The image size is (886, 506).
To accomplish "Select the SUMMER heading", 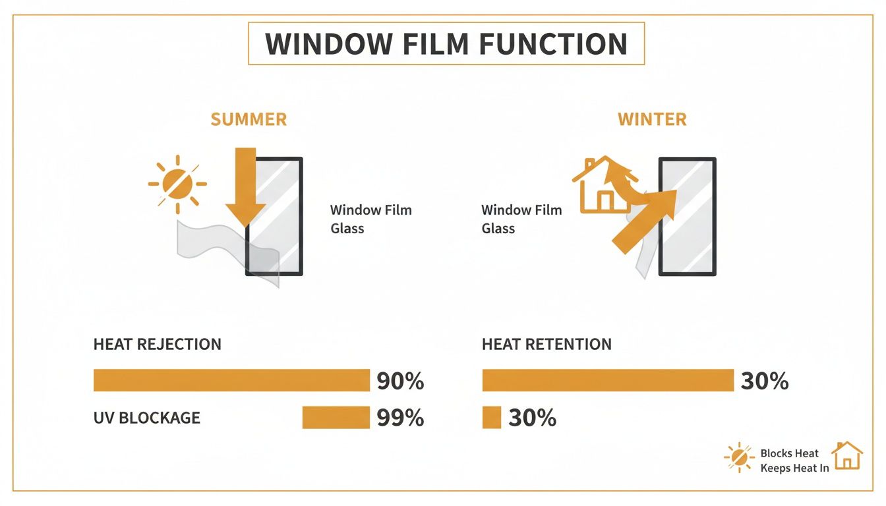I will tap(249, 119).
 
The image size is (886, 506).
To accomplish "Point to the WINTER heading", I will tap(652, 119).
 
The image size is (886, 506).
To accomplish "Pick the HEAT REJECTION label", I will tap(157, 344).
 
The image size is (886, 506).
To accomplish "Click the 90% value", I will tap(400, 381).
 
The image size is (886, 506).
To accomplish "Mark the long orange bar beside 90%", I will tap(231, 380).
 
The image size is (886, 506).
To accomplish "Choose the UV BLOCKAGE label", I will tap(146, 418).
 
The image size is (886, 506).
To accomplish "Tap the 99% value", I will tap(400, 418).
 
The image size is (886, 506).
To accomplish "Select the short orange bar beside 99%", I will tap(336, 417).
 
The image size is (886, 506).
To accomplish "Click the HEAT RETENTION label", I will tap(546, 344).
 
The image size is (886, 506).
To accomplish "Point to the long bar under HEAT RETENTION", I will tap(608, 380).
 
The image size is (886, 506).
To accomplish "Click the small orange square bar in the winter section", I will tap(492, 417).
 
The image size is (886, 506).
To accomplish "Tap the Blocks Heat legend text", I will tap(789, 453).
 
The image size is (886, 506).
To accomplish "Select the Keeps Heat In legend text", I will tap(794, 468).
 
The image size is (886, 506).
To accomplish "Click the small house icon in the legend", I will tap(847, 456).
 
